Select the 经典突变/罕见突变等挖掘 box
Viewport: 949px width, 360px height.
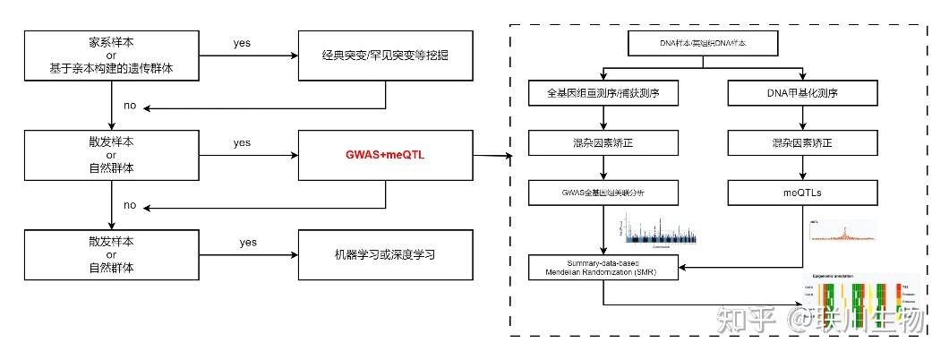pos(385,55)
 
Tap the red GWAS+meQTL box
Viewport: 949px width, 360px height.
pos(385,154)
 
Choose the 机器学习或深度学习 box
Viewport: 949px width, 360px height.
pos(385,254)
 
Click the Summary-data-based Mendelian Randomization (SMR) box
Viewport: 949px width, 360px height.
pos(605,266)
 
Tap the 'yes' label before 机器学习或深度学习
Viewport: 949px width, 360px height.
pos(248,242)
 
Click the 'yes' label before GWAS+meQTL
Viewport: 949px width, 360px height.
pos(242,142)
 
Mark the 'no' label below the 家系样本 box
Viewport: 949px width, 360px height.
pos(130,106)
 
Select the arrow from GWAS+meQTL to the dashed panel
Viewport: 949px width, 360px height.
pos(492,156)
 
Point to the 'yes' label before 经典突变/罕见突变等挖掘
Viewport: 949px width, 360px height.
pos(242,42)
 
